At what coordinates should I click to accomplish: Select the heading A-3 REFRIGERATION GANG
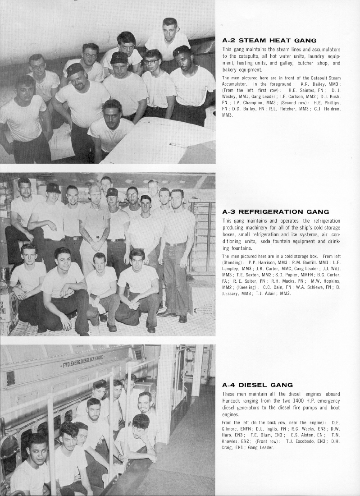(x=276, y=211)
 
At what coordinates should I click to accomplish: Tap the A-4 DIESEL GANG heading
(x=257, y=385)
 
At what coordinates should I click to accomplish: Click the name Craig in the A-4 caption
(x=228, y=447)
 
